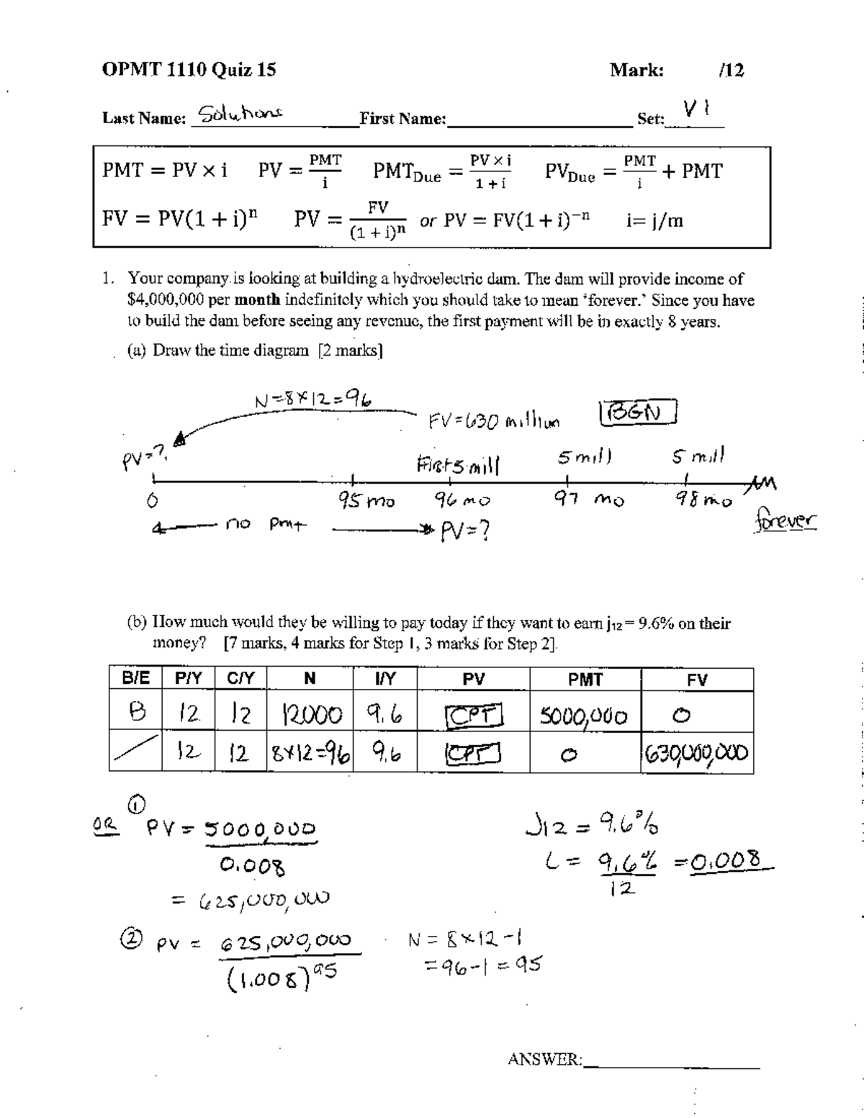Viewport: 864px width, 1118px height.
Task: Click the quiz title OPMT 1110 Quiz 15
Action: pos(189,70)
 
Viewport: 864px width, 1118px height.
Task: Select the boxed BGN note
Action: pos(639,413)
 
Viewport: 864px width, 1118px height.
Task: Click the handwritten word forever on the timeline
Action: pos(786,519)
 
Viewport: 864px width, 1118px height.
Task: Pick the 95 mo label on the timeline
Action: pos(366,500)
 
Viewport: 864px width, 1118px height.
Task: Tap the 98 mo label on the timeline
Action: pos(703,499)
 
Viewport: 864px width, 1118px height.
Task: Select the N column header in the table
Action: pos(310,679)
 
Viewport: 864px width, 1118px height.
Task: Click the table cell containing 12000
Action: pos(310,715)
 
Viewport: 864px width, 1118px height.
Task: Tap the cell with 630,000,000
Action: pos(696,754)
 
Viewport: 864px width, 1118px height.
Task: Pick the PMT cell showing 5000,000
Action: pos(584,716)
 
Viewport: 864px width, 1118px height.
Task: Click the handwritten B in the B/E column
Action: pos(135,713)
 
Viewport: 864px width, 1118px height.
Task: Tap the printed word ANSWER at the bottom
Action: pos(544,1059)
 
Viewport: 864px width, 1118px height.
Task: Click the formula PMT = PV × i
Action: pos(165,171)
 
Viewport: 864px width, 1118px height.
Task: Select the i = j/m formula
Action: pos(654,220)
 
